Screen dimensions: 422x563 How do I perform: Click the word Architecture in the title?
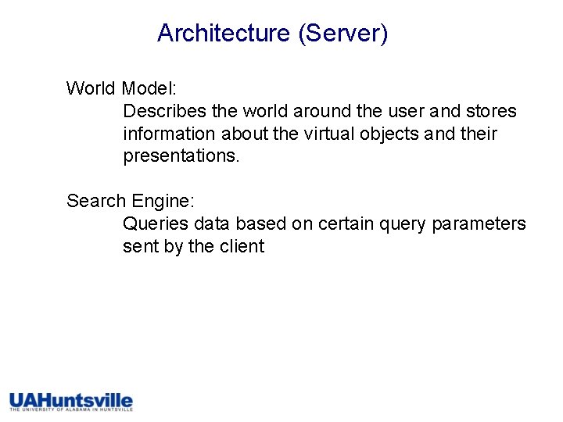(x=223, y=33)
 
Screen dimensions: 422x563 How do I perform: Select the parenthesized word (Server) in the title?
(x=342, y=33)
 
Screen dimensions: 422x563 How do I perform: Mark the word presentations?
(x=181, y=156)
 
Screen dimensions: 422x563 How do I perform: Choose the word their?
(x=479, y=134)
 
